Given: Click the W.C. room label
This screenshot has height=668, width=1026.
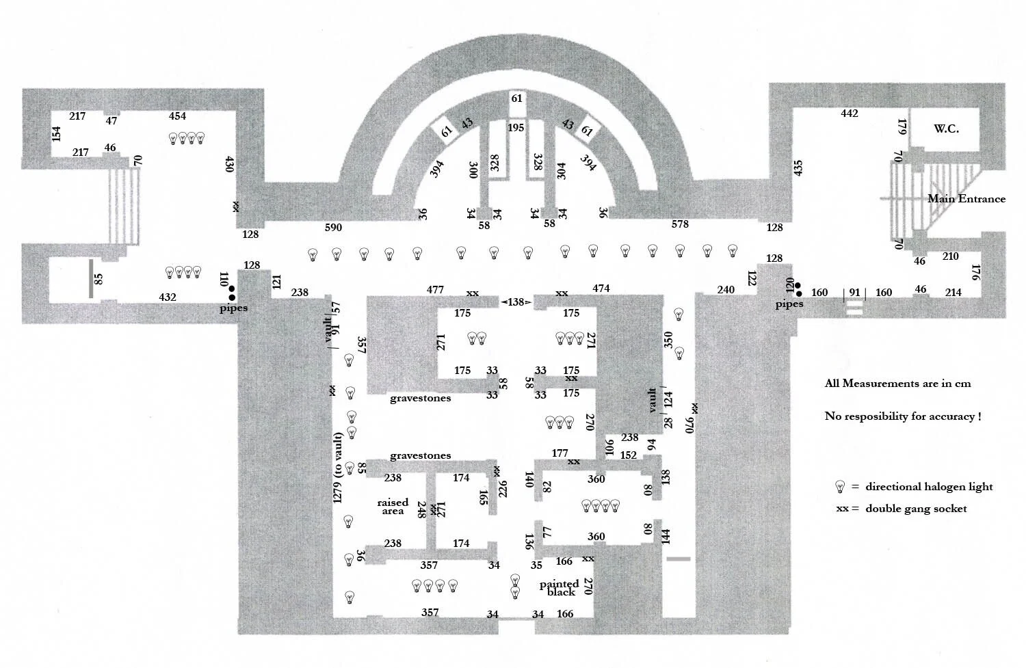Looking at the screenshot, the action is point(946,129).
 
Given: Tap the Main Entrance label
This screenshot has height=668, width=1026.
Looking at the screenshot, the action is point(966,199).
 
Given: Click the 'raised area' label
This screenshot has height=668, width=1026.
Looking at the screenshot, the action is point(393,507).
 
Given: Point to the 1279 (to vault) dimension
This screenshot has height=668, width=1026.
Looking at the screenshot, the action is point(337,468).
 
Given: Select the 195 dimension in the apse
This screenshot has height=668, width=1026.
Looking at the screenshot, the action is point(516,128).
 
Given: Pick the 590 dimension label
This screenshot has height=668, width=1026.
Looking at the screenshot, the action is point(333,228).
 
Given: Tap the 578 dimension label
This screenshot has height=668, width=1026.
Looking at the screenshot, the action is point(680,224).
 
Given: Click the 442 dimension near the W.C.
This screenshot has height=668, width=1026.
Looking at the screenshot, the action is point(849,113).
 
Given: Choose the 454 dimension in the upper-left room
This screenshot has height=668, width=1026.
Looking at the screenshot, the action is point(177,116).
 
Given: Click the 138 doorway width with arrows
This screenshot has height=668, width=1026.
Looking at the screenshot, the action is point(516,302).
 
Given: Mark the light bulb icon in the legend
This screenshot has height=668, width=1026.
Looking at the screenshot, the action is point(840,487).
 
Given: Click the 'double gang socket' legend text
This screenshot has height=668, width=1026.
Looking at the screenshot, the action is point(916,509).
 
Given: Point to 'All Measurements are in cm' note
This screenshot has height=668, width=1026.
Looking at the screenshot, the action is point(897,384).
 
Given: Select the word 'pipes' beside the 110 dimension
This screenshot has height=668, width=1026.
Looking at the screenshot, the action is point(233,308).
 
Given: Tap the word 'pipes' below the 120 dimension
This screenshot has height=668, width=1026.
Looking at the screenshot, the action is point(789,304).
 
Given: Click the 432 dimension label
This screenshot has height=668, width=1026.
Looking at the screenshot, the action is point(168,297).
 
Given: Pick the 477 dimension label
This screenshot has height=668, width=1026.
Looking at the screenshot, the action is point(435,290).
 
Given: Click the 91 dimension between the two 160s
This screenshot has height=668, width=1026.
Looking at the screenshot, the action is point(854,293).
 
